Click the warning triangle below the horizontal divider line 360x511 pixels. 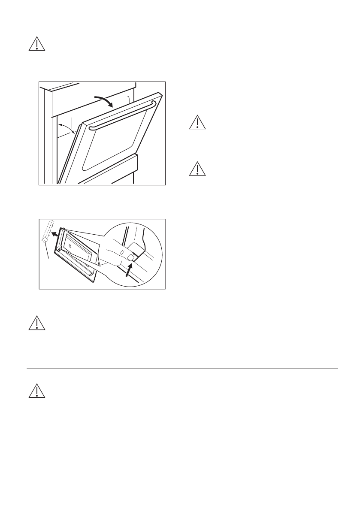(x=36, y=390)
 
